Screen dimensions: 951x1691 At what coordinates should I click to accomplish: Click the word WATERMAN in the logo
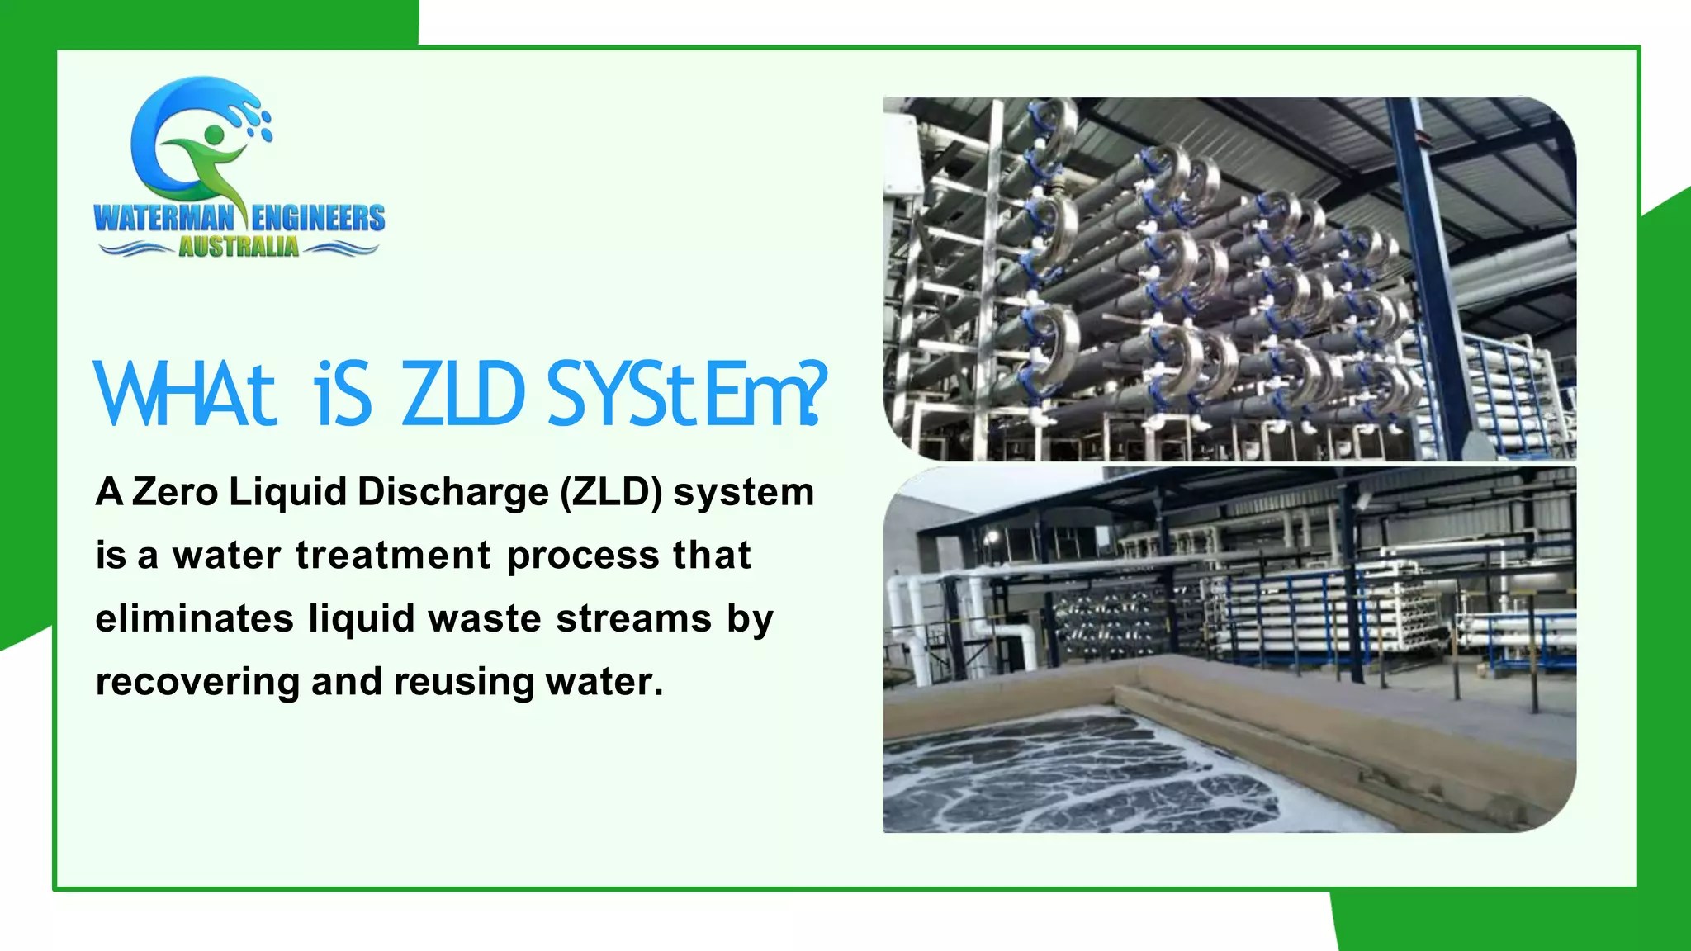click(x=164, y=218)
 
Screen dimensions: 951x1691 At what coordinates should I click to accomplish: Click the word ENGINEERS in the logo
click(x=318, y=218)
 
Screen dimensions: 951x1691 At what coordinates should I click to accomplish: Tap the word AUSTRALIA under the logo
click(x=239, y=247)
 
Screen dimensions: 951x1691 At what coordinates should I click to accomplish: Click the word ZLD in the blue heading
click(x=463, y=395)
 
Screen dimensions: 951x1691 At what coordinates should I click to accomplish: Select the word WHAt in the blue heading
click(x=183, y=395)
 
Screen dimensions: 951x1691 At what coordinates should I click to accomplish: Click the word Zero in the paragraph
click(x=174, y=492)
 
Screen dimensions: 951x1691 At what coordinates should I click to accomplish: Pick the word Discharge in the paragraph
click(x=452, y=492)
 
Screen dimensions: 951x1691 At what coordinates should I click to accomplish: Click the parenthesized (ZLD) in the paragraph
click(x=611, y=492)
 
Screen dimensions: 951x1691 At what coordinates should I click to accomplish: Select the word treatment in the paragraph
click(x=393, y=556)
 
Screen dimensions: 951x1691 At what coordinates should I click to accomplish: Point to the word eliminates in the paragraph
click(x=194, y=619)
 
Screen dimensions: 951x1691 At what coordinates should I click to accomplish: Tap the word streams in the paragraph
click(x=633, y=619)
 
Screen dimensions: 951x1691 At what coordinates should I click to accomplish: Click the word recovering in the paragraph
click(x=197, y=683)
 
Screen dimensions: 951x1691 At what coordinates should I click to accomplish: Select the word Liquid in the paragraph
click(x=287, y=492)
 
